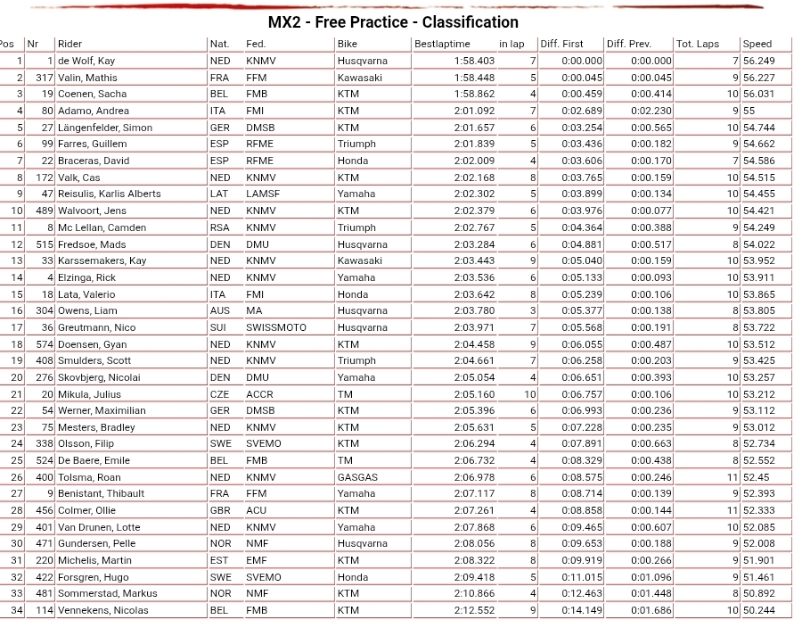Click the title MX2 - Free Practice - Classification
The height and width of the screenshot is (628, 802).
pyautogui.click(x=393, y=22)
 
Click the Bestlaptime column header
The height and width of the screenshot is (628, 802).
pyautogui.click(x=442, y=44)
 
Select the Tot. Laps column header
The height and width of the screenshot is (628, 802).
pyautogui.click(x=697, y=44)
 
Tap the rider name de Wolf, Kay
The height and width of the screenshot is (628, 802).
pyautogui.click(x=86, y=61)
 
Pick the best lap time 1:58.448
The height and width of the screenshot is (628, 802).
pyautogui.click(x=473, y=78)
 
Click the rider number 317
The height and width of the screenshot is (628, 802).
pyautogui.click(x=45, y=78)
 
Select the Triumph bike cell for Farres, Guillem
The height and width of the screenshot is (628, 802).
pyautogui.click(x=356, y=144)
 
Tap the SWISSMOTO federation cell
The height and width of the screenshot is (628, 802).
pyautogui.click(x=275, y=327)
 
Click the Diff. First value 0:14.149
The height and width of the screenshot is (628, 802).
pyautogui.click(x=582, y=610)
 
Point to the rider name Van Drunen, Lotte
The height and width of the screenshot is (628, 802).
pyautogui.click(x=99, y=527)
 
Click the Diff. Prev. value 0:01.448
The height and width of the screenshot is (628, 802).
pyautogui.click(x=651, y=593)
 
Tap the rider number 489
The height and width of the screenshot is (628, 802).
pyautogui.click(x=45, y=211)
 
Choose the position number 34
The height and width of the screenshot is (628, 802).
pyautogui.click(x=17, y=610)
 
